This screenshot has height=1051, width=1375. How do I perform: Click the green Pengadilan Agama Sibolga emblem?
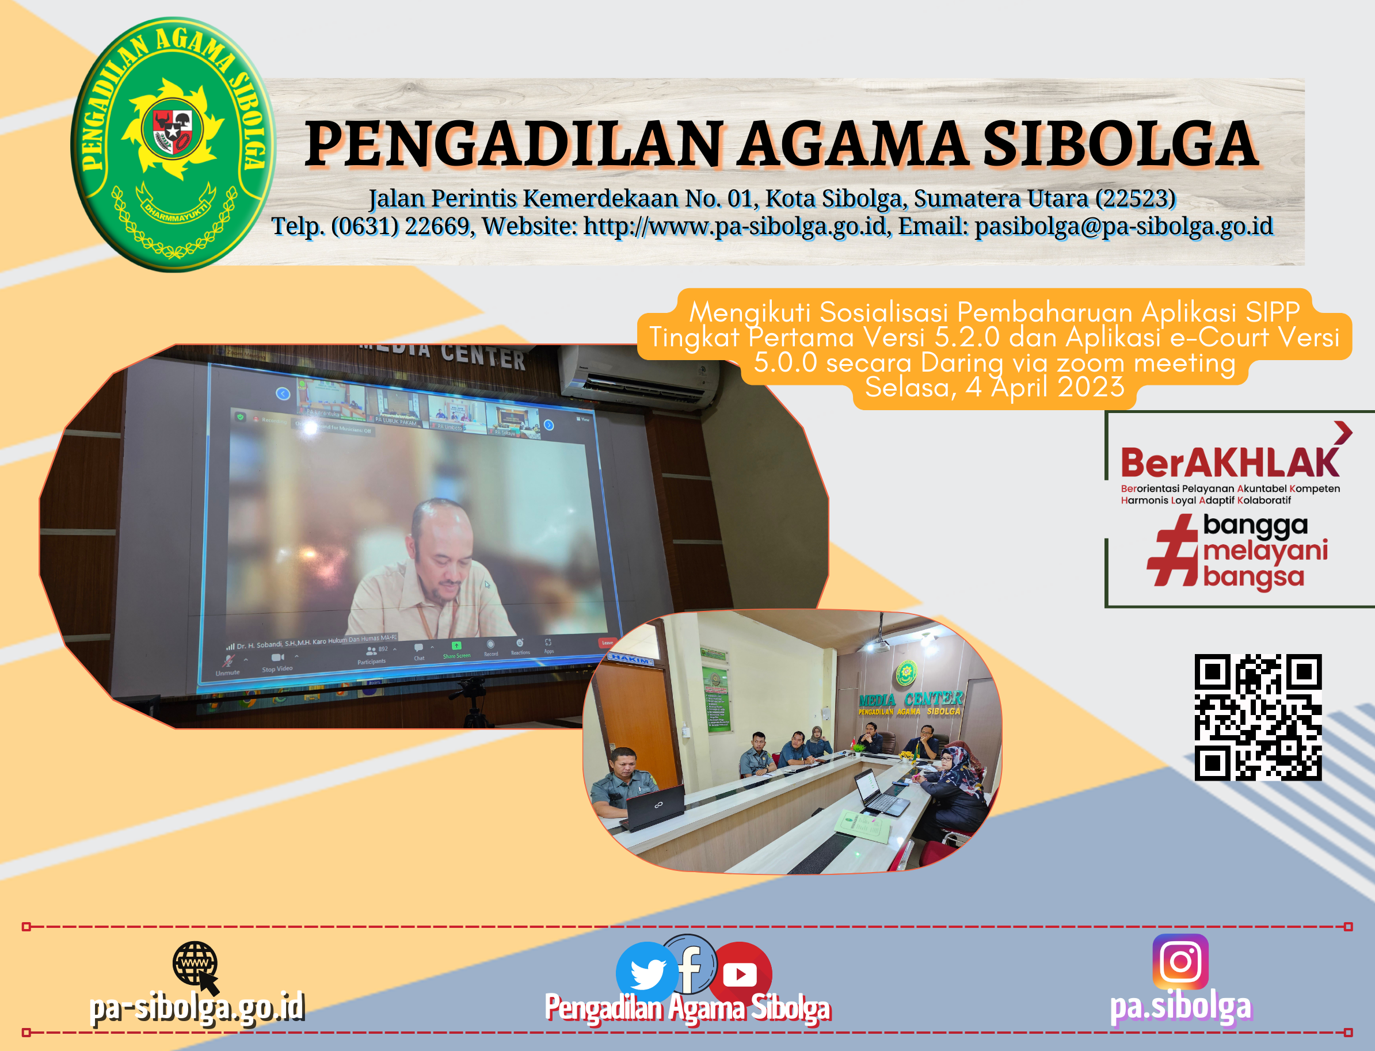[172, 145]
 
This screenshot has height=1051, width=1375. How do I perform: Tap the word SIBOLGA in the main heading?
[1119, 145]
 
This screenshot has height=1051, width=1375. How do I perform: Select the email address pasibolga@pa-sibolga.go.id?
[1123, 226]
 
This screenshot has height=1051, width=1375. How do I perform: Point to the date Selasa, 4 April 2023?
[995, 387]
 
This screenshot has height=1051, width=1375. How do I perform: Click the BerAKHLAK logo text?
[1229, 463]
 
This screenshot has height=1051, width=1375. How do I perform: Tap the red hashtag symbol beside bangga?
[1172, 551]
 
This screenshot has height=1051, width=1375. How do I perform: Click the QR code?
[1258, 717]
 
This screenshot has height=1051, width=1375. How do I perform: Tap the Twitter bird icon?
[646, 972]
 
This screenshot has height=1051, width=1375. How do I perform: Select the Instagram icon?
[1180, 961]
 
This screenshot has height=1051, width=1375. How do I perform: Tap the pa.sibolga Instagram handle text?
[1180, 1007]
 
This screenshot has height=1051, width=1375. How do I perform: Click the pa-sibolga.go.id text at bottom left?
[196, 1008]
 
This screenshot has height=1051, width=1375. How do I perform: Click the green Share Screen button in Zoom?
[456, 649]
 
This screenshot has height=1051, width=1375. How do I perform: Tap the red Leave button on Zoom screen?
[607, 643]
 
